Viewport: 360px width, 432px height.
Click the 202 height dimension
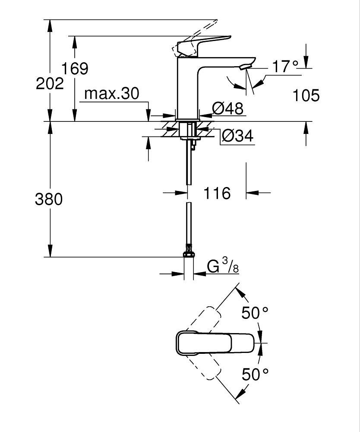tap(50, 83)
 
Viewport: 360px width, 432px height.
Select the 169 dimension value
tap(74, 68)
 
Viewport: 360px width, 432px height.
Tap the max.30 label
tap(112, 94)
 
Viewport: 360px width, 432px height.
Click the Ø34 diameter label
tap(237, 136)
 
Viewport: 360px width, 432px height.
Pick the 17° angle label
tap(285, 67)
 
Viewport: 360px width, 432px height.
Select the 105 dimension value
tap(306, 95)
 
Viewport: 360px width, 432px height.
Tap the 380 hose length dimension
tap(49, 199)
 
